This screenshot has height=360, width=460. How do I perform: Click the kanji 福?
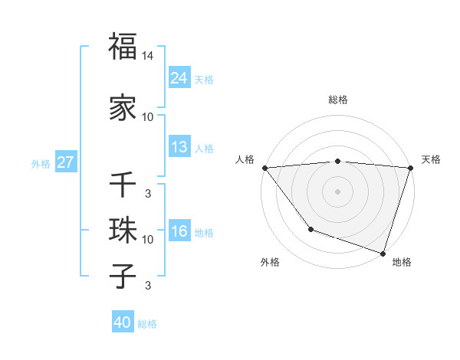[123, 47]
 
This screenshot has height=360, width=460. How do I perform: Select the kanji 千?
[123, 185]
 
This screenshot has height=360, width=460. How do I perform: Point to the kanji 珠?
[123, 230]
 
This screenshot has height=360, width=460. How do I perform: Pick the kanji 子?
[123, 276]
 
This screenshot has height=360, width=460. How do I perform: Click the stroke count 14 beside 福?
[148, 56]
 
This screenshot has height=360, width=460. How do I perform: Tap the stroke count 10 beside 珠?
[148, 240]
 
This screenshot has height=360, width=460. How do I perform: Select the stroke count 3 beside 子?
[148, 286]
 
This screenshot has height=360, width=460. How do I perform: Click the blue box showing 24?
[179, 78]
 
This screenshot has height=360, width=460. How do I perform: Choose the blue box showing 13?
[179, 147]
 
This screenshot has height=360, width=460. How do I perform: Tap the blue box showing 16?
[179, 231]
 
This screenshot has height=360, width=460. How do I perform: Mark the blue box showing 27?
[65, 162]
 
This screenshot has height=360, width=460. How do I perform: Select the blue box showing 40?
[123, 323]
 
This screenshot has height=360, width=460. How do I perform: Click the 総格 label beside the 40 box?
[147, 324]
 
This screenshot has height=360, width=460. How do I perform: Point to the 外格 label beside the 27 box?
[41, 163]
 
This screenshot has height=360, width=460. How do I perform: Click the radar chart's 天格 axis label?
[431, 159]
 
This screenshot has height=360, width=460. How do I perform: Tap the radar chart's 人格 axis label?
[245, 159]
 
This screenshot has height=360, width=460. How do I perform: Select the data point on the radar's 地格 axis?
[383, 253]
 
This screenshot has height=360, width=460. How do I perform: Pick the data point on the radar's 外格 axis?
[310, 229]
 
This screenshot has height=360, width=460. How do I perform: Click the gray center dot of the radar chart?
[337, 191]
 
